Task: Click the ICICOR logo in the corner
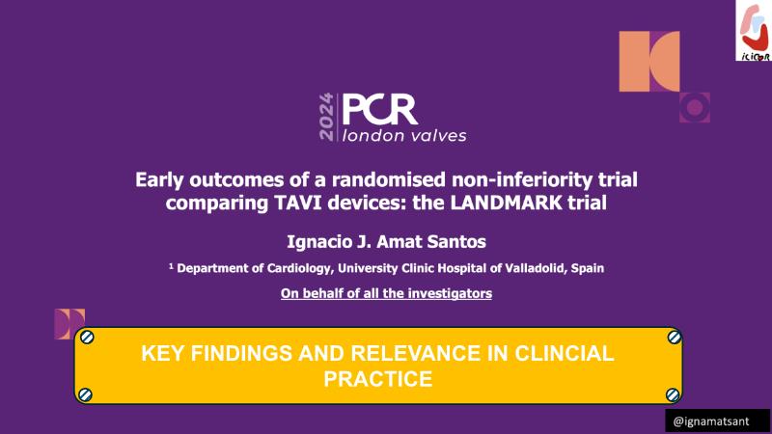point(754,31)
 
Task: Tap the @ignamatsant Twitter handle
point(711,421)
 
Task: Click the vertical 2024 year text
point(326,117)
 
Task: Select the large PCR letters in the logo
point(379,109)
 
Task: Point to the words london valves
point(404,136)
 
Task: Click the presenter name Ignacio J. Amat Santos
point(387,242)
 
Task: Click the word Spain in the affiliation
point(588,269)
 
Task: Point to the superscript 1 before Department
point(172,266)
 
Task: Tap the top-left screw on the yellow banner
point(87,337)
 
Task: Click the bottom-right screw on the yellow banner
point(673,394)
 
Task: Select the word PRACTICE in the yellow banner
point(378,379)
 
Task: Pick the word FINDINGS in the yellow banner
point(241,353)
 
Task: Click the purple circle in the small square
point(695,107)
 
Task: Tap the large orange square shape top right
point(649,61)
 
